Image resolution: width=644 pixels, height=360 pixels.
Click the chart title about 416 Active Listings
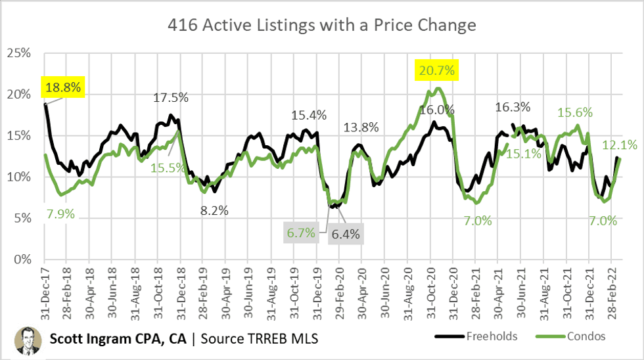321,26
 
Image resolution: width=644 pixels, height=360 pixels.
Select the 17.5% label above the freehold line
171,97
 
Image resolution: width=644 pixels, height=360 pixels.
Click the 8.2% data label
215,211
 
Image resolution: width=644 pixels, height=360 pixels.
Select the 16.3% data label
513,106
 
